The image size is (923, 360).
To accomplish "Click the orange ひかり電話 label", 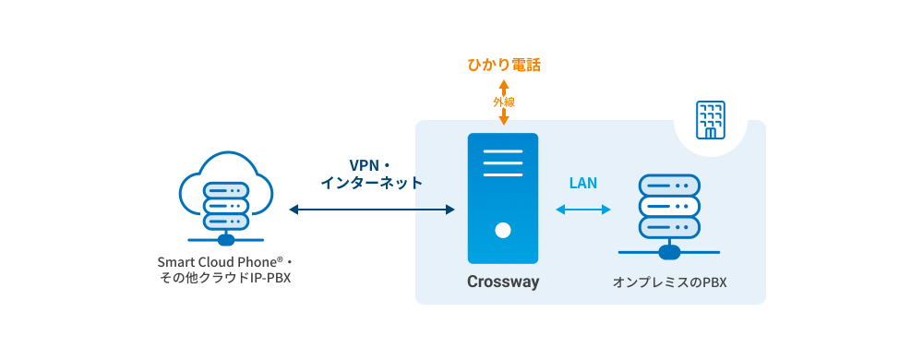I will pyautogui.click(x=503, y=66).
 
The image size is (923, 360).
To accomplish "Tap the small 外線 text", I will pyautogui.click(x=503, y=102).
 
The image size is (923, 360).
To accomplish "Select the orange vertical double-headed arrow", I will pyautogui.click(x=503, y=116).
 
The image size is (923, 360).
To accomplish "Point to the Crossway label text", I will pyautogui.click(x=502, y=282).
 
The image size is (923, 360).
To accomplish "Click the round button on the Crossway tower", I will pyautogui.click(x=503, y=229).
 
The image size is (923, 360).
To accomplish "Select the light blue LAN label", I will pyautogui.click(x=582, y=183).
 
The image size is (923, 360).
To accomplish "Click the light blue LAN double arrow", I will pyautogui.click(x=583, y=210).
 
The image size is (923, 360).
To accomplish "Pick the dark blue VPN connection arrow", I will pyautogui.click(x=372, y=210).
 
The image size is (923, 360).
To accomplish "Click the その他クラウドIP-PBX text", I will pyautogui.click(x=225, y=278).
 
